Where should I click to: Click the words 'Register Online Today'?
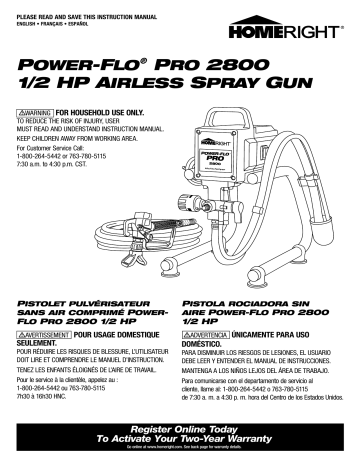tap(179, 427)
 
